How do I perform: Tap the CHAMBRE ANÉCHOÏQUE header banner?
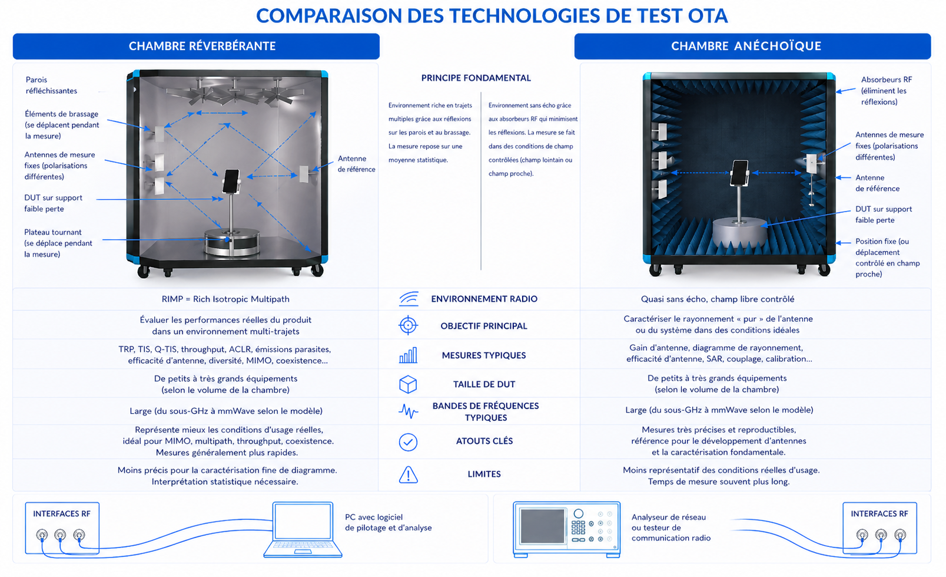(x=752, y=46)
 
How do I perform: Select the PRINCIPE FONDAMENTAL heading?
(x=476, y=78)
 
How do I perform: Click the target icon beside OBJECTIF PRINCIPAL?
(x=408, y=325)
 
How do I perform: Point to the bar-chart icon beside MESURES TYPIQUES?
(x=408, y=355)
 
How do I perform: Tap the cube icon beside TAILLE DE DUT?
(x=408, y=384)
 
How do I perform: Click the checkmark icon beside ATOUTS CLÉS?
(x=408, y=441)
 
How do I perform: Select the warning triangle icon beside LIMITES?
(x=408, y=474)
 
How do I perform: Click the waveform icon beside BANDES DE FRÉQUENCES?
(x=408, y=411)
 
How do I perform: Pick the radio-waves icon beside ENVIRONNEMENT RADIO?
(x=409, y=299)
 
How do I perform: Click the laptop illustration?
(x=303, y=529)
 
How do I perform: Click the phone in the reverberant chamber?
(x=231, y=181)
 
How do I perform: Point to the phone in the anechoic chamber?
(x=739, y=173)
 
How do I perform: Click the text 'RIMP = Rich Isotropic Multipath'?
(x=225, y=299)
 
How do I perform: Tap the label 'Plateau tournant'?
(x=53, y=232)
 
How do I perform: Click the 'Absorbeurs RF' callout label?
(x=886, y=80)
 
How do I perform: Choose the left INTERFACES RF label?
(x=62, y=514)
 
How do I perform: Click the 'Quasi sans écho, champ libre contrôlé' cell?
(x=717, y=299)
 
